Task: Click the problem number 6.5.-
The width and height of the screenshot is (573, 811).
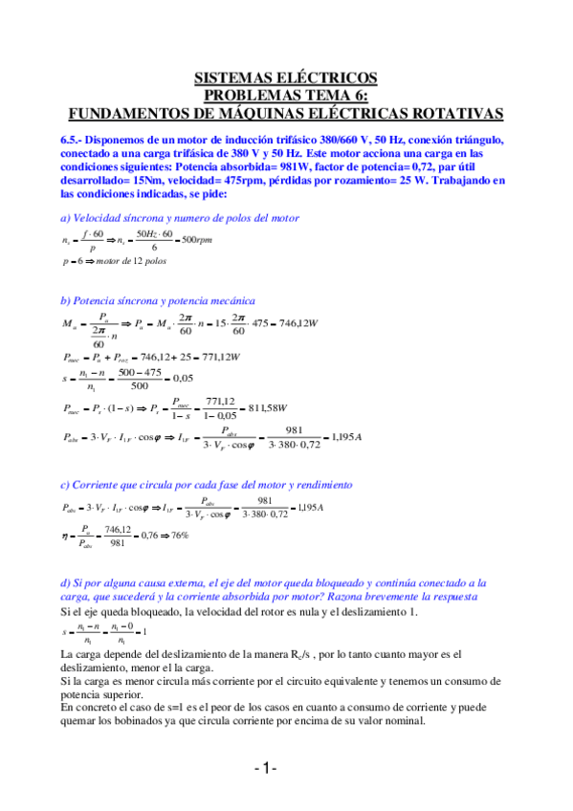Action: pos(75,139)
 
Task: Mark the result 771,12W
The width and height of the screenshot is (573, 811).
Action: pos(218,357)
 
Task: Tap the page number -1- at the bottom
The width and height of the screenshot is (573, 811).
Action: pos(265,769)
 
